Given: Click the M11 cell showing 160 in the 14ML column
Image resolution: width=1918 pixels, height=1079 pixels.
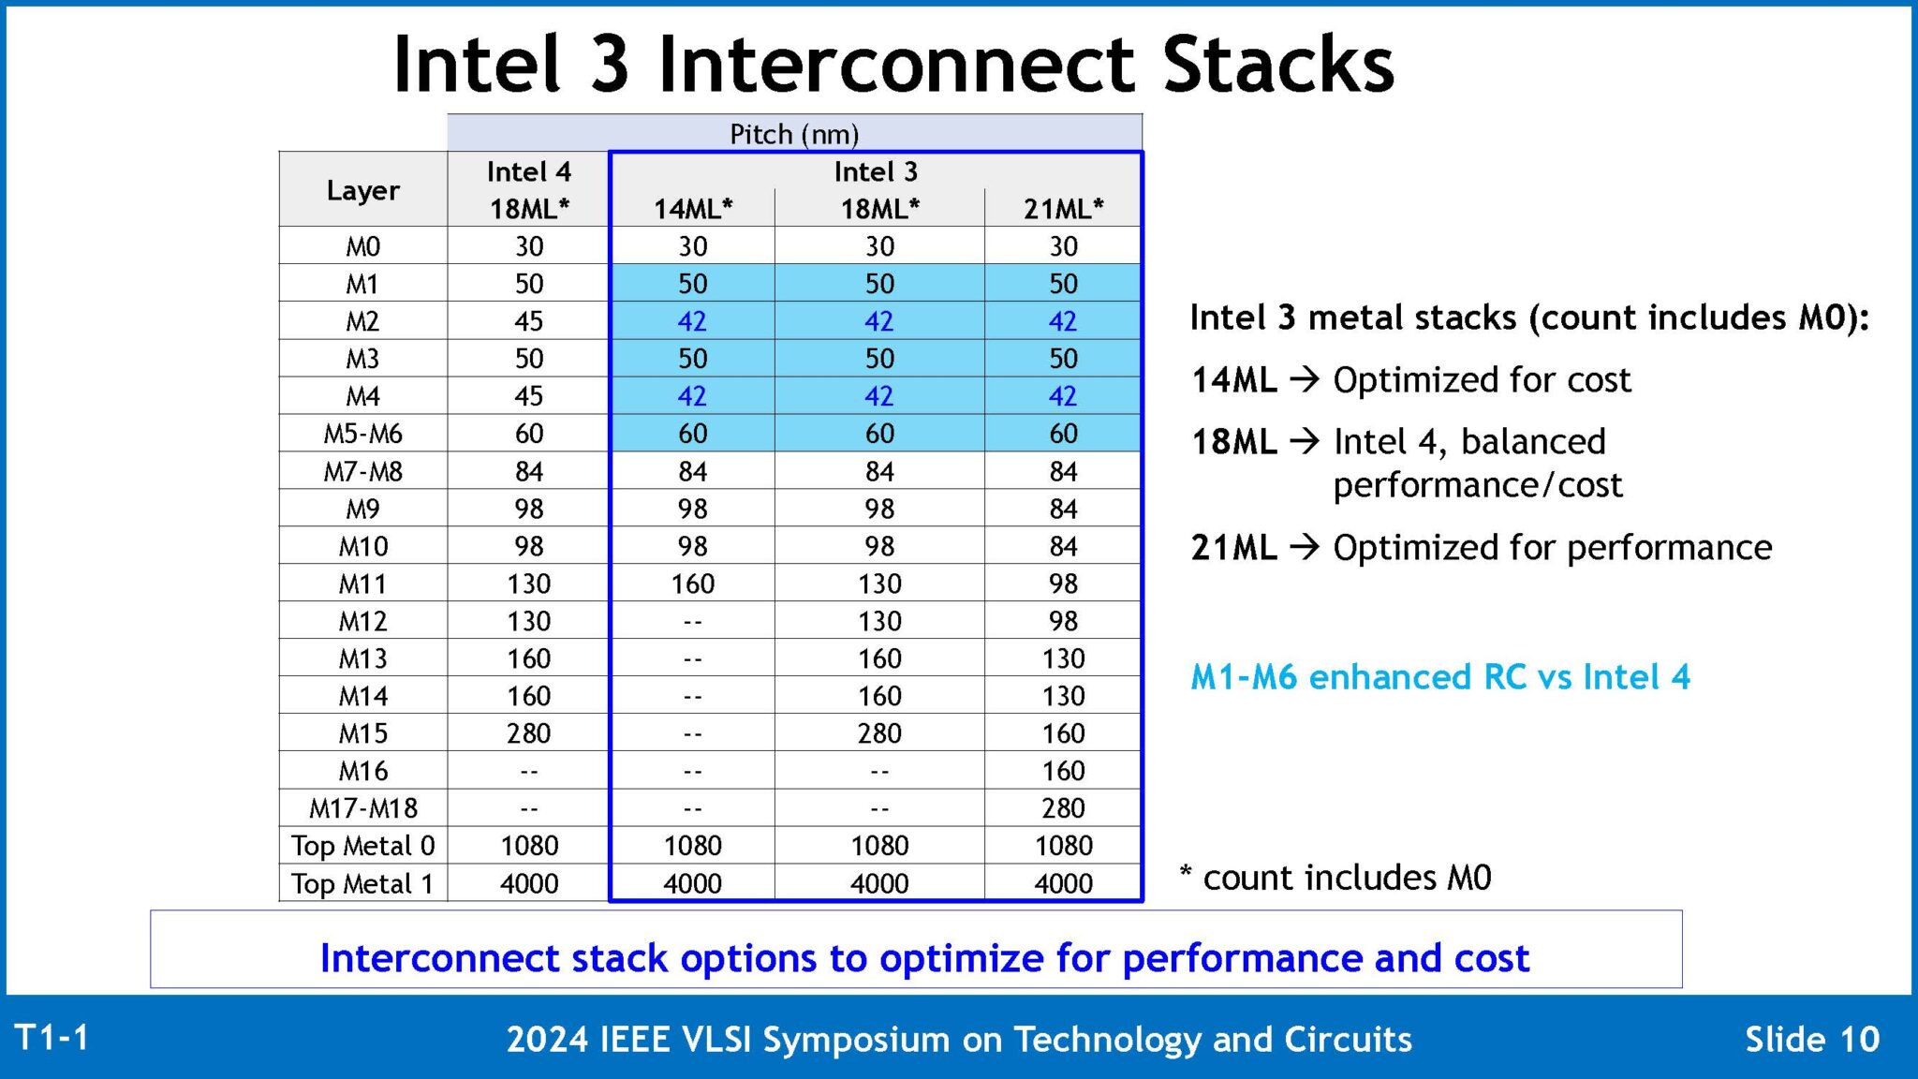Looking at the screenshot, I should (x=692, y=584).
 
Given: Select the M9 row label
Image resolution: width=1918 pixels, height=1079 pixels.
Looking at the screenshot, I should (x=362, y=509).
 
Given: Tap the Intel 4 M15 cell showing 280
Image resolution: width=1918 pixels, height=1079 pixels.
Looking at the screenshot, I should (x=528, y=733).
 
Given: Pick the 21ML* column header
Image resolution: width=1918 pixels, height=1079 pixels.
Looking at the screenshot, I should (x=1063, y=208).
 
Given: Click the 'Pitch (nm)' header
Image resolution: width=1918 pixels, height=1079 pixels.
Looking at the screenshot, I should (x=794, y=134).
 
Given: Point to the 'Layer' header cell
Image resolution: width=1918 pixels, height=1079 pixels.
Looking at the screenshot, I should (x=362, y=190).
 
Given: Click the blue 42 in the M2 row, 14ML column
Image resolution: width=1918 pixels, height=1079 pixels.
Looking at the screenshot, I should (x=692, y=321).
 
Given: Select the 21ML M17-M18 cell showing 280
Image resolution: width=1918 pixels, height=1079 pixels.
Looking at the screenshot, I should (x=1063, y=808).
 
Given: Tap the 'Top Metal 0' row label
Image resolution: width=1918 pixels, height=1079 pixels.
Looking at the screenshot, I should (x=362, y=846).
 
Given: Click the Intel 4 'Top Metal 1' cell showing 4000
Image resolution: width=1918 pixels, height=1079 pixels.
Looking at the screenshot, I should (x=528, y=883).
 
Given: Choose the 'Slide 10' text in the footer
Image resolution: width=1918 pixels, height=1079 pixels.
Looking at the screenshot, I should (x=1811, y=1040).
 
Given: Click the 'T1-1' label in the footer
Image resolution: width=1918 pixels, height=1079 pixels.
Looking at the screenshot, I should (x=52, y=1038).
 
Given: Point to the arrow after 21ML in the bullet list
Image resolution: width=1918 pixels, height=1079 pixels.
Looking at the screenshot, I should (x=1304, y=547).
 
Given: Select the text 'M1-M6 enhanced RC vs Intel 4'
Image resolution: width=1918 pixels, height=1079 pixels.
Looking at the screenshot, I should (x=1439, y=676).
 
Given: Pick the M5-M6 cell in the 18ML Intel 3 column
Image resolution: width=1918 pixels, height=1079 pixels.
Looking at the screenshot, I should (x=879, y=434).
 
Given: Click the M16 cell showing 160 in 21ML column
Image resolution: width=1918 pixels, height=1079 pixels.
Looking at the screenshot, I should (x=1063, y=771).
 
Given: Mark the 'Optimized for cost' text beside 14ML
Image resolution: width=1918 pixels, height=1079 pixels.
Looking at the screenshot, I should (x=1482, y=380).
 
